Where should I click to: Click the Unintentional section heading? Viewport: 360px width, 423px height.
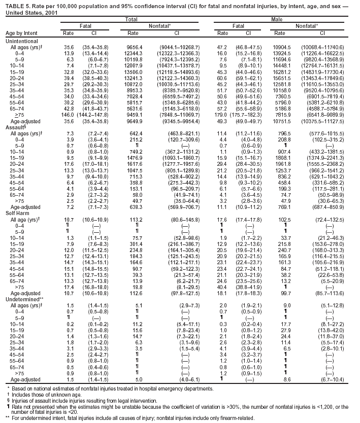click(19, 40)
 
